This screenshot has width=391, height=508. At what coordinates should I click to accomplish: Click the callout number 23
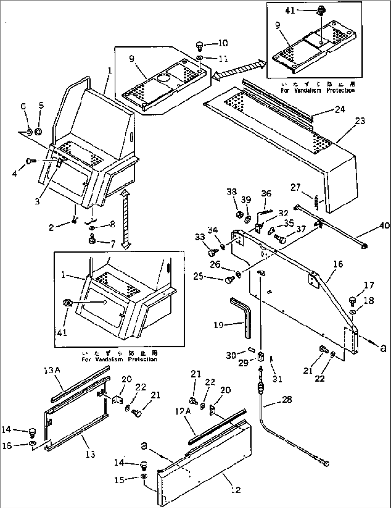(360, 121)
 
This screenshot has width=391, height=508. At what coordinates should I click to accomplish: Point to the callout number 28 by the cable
(287, 399)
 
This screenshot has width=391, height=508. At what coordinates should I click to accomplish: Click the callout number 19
(218, 325)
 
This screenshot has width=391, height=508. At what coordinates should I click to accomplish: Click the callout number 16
(338, 264)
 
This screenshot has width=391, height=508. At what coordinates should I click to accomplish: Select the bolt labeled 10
(199, 46)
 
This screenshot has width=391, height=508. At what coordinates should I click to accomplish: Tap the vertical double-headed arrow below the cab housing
(125, 219)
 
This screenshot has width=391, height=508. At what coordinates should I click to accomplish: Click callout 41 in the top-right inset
(290, 10)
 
